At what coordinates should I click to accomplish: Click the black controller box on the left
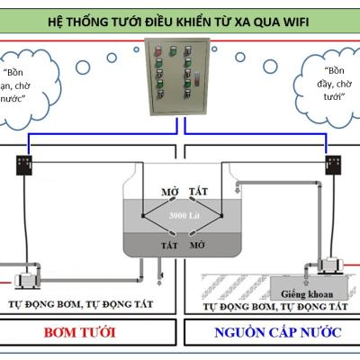[x=24, y=165]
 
